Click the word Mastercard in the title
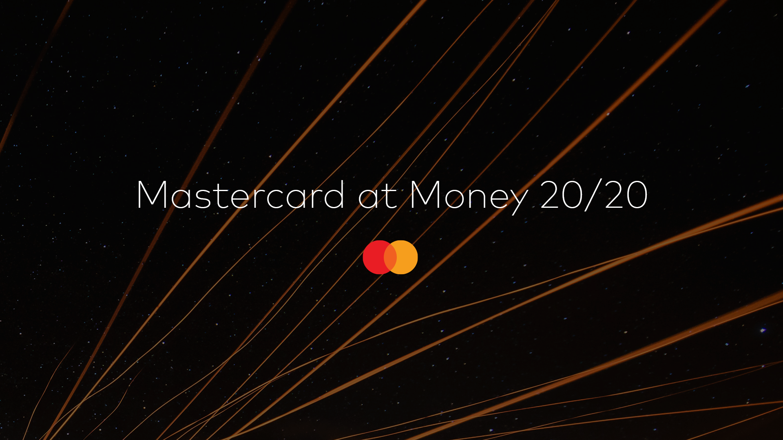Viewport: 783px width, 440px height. click(x=241, y=196)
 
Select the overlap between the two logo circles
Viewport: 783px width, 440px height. click(x=390, y=257)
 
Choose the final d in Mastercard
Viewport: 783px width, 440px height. click(x=334, y=195)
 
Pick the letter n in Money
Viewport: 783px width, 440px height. click(x=477, y=198)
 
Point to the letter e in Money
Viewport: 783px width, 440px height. click(x=498, y=198)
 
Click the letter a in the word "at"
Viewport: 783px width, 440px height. click(x=369, y=198)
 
